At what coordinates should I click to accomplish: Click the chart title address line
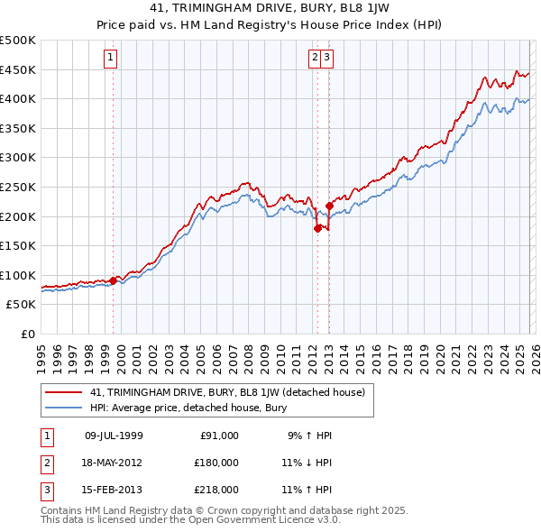[x=270, y=8]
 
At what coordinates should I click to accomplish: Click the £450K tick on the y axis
[x=18, y=69]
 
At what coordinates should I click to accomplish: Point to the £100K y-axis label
[x=18, y=275]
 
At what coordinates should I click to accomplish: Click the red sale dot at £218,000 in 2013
[x=329, y=206]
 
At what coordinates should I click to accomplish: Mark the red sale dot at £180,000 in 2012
[x=317, y=228]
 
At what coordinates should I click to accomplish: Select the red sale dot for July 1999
[x=113, y=280]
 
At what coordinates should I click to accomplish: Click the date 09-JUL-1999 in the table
[x=114, y=436]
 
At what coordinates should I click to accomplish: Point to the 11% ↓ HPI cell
[x=306, y=463]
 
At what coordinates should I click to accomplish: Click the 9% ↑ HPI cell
[x=308, y=436]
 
